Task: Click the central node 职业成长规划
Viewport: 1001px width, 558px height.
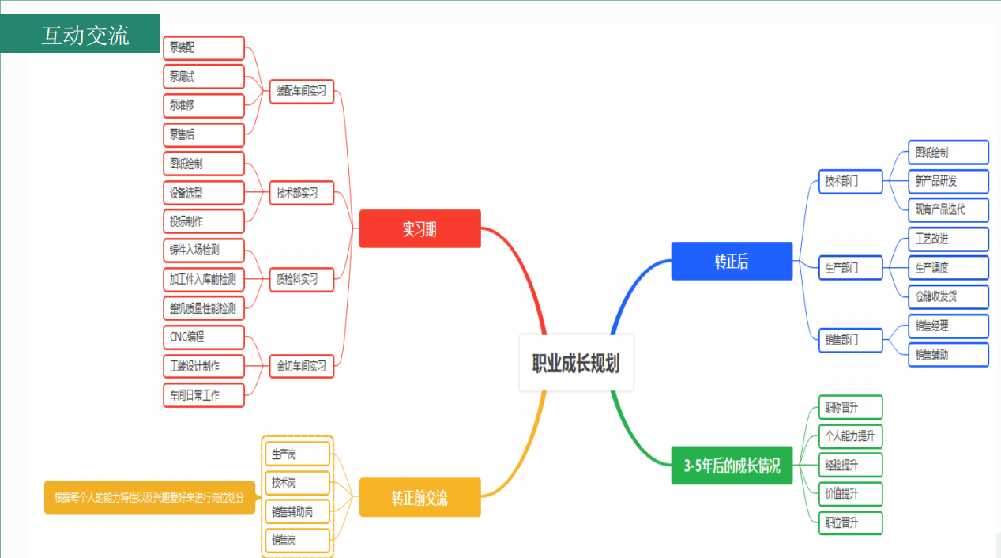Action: pyautogui.click(x=576, y=363)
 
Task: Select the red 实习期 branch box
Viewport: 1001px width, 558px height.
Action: pyautogui.click(x=420, y=229)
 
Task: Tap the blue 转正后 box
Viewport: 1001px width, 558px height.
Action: pyautogui.click(x=732, y=262)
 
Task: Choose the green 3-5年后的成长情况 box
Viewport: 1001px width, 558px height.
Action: pyautogui.click(x=732, y=466)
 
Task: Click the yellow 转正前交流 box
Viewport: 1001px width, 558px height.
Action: pyautogui.click(x=420, y=497)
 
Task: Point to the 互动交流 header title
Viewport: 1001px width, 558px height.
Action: pyautogui.click(x=85, y=35)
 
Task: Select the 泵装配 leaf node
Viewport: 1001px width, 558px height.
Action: pyautogui.click(x=203, y=48)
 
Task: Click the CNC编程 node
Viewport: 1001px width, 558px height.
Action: pyautogui.click(x=203, y=337)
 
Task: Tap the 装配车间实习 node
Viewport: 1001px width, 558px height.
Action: pyautogui.click(x=301, y=91)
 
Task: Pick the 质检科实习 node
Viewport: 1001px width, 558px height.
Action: pyautogui.click(x=301, y=279)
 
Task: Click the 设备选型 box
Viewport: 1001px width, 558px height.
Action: pyautogui.click(x=203, y=192)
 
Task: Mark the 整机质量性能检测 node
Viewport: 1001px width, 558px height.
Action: pyautogui.click(x=203, y=308)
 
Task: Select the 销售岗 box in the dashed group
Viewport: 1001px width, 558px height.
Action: pyautogui.click(x=296, y=541)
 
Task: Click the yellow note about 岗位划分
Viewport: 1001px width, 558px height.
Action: pyautogui.click(x=149, y=497)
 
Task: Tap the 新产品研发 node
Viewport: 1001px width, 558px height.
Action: pyautogui.click(x=948, y=181)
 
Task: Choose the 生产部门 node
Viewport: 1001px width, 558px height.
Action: pyautogui.click(x=849, y=268)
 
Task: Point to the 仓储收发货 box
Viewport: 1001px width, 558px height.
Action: pyautogui.click(x=948, y=297)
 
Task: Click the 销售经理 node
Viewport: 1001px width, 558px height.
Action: pyautogui.click(x=948, y=326)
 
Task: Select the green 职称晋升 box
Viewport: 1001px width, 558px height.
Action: pyautogui.click(x=849, y=408)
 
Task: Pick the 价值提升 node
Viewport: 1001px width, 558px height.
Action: pyautogui.click(x=849, y=494)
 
